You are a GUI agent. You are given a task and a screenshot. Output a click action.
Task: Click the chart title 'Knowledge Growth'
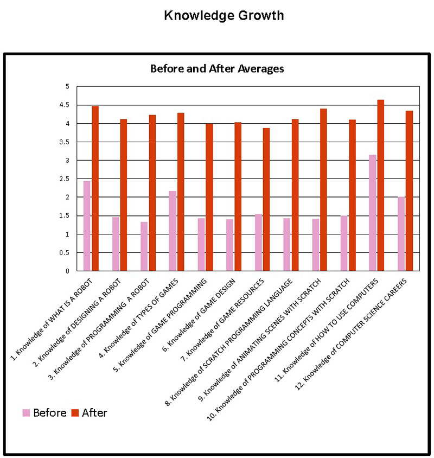coord(224,16)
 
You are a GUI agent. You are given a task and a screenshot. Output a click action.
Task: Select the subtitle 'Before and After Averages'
coord(217,69)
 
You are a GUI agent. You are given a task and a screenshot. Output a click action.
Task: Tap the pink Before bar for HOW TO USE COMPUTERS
coord(372,213)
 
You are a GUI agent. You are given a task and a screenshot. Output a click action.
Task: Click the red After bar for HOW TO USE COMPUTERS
coord(381,185)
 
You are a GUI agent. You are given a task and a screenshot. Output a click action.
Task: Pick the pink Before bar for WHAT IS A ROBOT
coord(87,226)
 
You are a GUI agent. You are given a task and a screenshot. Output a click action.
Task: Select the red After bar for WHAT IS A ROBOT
coord(95,188)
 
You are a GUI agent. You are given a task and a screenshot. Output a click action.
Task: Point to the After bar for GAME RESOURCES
coord(266,199)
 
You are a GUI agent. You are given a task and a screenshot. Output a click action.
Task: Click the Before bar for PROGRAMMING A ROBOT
coord(144,246)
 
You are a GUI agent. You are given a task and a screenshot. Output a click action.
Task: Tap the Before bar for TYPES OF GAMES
coord(173,231)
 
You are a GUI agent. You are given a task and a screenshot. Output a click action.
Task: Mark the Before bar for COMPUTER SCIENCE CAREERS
coord(401,233)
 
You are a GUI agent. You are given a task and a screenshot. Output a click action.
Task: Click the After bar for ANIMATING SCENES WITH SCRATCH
coord(324,189)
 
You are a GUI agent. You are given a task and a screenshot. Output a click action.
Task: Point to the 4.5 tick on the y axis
coord(68,105)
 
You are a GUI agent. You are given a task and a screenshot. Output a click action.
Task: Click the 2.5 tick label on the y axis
coord(68,179)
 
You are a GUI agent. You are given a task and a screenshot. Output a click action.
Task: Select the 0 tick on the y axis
coord(68,271)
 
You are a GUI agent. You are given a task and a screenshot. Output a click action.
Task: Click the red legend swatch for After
coord(76,413)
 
